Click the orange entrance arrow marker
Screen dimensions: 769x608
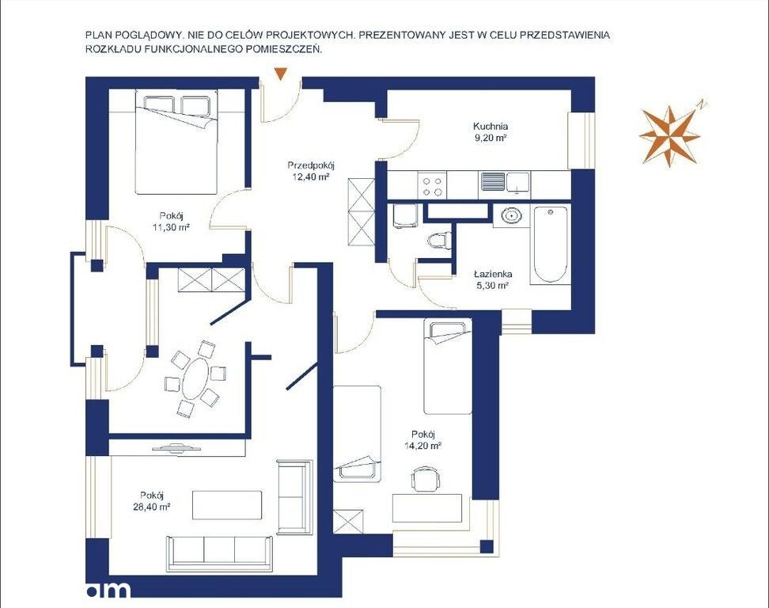point(280,74)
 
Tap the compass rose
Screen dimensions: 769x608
point(670,135)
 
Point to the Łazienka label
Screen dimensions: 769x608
point(493,274)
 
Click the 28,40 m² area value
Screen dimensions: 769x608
point(152,507)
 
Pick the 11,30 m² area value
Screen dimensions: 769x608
point(171,227)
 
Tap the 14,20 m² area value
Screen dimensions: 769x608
point(423,446)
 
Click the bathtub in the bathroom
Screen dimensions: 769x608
point(551,244)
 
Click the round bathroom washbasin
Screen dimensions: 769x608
point(511,215)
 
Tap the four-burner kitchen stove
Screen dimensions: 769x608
point(432,185)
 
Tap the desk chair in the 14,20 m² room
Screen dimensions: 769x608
point(425,478)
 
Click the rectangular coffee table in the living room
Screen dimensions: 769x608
point(227,504)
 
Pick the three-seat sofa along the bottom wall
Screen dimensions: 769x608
point(220,553)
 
